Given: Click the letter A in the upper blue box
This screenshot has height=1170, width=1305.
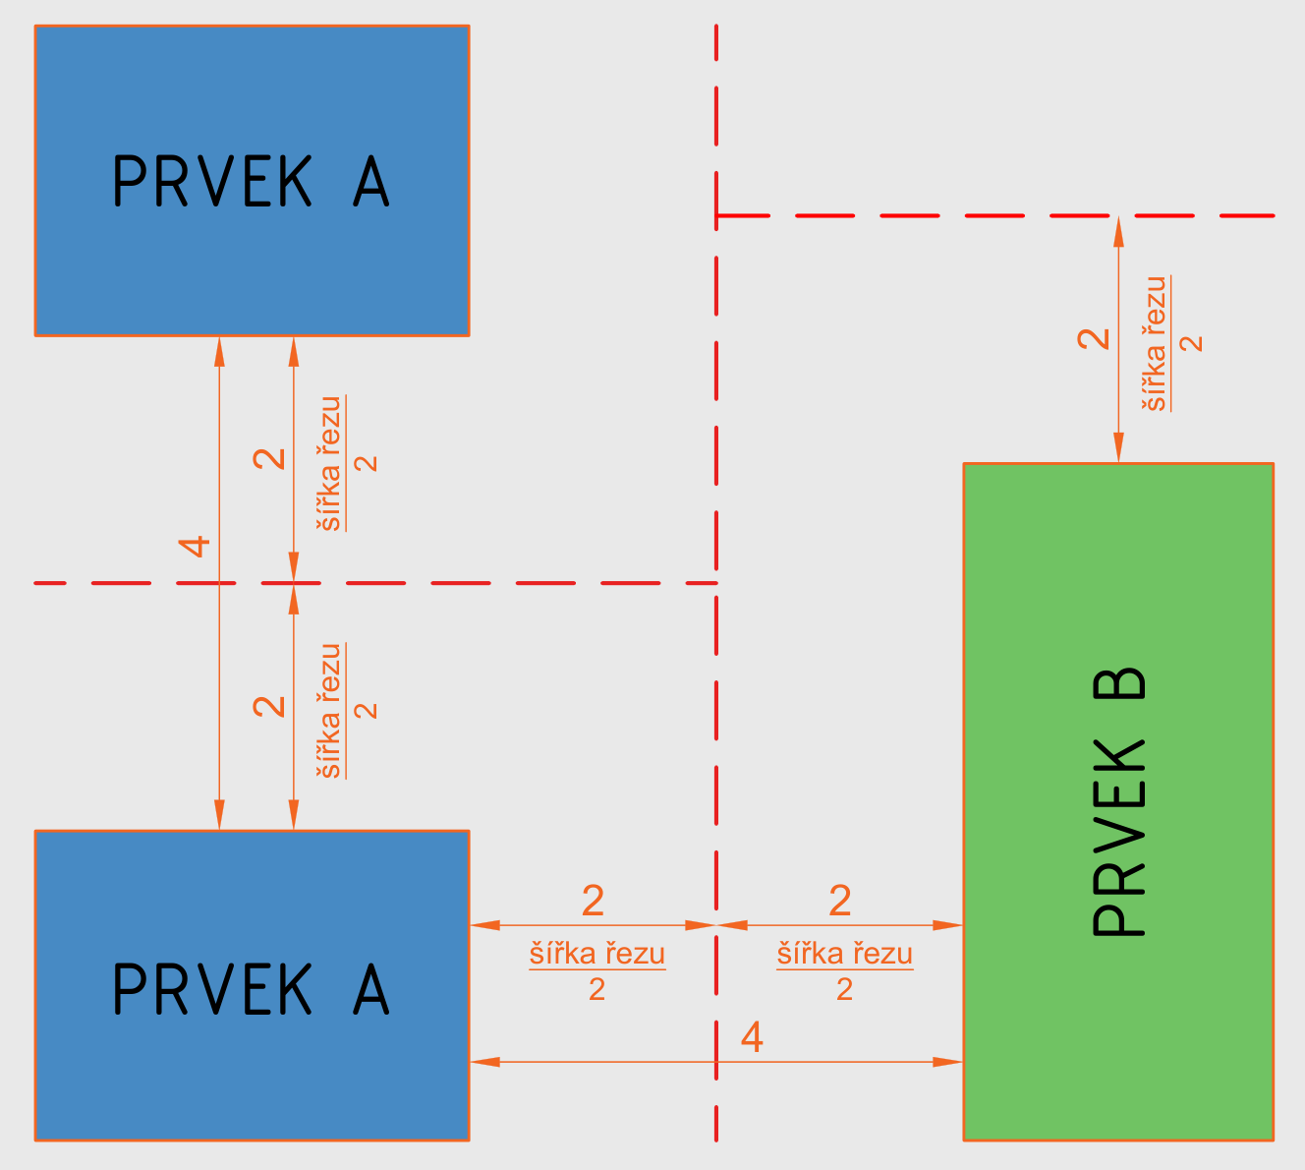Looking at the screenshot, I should pos(370,181).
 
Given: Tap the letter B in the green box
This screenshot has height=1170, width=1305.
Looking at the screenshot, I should pos(1119,684).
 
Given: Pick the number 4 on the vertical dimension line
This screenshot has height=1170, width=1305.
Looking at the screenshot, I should pos(197,546).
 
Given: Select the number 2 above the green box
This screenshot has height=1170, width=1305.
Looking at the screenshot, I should pos(1094,338).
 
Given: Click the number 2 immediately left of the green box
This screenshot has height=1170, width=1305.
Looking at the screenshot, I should pos(839,901).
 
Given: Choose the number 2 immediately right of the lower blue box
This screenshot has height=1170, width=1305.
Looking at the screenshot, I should pos(593,901).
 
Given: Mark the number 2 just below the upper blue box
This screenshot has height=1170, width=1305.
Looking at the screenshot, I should pos(269,458).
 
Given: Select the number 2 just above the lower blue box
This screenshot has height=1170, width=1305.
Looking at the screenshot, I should pos(269,706).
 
